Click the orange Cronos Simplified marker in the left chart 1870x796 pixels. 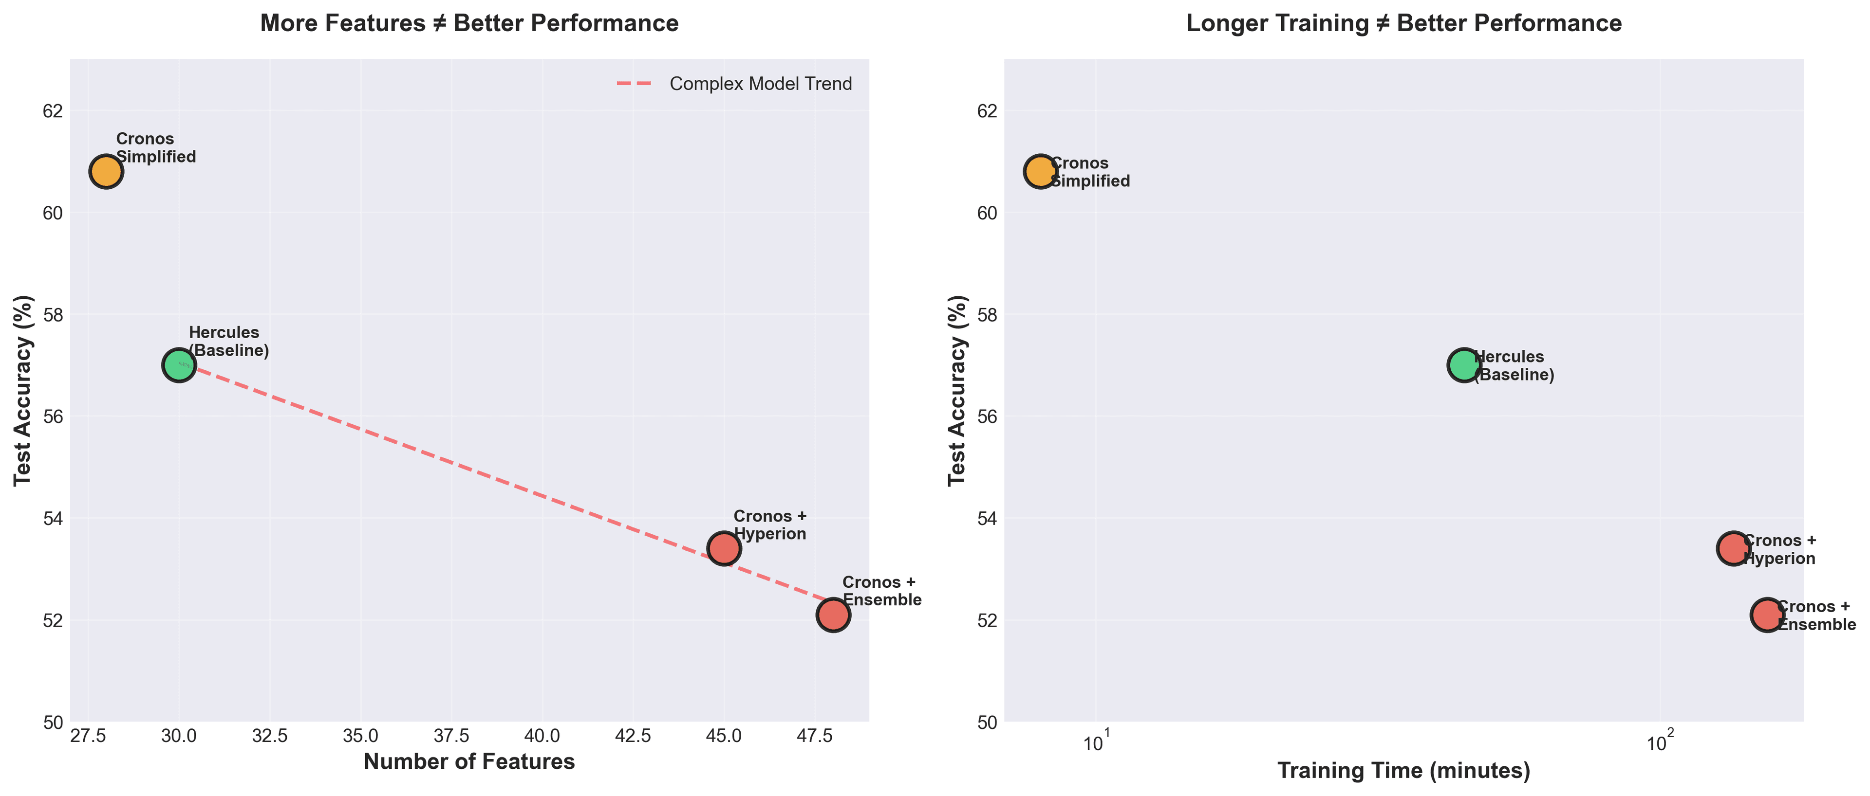pyautogui.click(x=106, y=172)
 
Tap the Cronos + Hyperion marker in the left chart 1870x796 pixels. pyautogui.click(x=724, y=548)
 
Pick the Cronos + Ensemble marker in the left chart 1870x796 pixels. pyautogui.click(x=833, y=615)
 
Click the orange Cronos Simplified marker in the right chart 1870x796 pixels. pyautogui.click(x=1040, y=172)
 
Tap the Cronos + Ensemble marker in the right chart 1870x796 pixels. pyautogui.click(x=1767, y=615)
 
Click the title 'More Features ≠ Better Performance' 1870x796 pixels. pyautogui.click(x=469, y=23)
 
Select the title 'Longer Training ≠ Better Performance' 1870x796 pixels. pyautogui.click(x=1403, y=23)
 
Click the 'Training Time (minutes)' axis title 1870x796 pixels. pyautogui.click(x=1403, y=771)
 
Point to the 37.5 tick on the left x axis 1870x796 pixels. pyautogui.click(x=451, y=736)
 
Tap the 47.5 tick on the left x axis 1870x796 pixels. pyautogui.click(x=815, y=736)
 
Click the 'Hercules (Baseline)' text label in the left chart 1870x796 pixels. pyautogui.click(x=229, y=342)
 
